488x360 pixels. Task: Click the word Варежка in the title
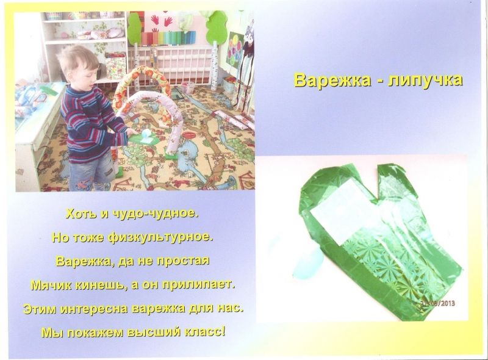(332, 80)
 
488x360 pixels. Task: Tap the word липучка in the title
(425, 81)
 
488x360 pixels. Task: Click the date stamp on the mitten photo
(437, 303)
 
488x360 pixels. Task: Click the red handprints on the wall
(162, 21)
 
